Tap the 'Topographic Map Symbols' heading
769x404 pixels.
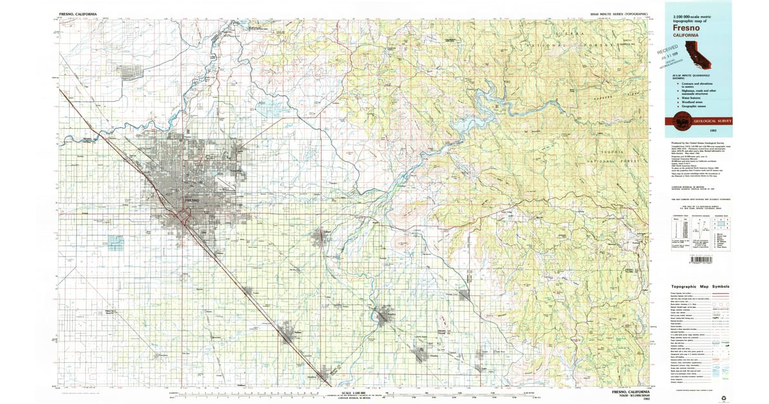700,287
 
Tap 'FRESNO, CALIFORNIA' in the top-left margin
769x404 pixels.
78,13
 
